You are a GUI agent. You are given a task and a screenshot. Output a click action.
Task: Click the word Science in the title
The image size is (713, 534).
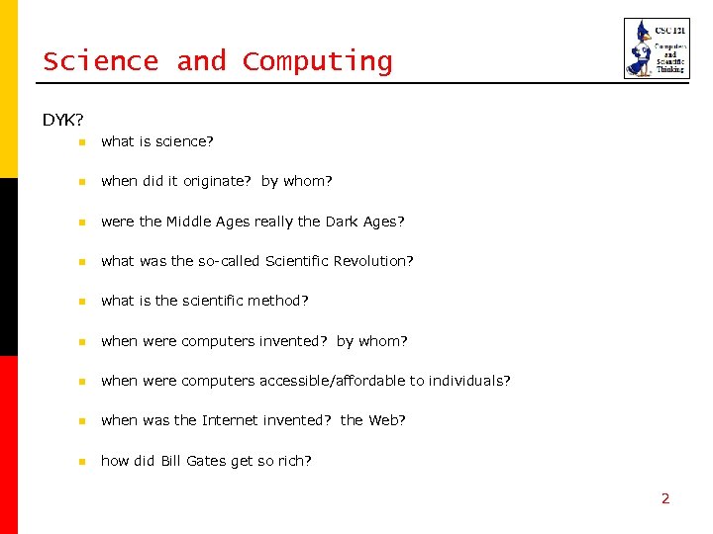pyautogui.click(x=100, y=61)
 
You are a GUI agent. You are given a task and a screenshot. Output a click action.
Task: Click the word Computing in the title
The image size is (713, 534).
pyautogui.click(x=317, y=62)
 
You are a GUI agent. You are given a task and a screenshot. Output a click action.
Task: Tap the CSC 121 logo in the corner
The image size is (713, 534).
pyautogui.click(x=657, y=47)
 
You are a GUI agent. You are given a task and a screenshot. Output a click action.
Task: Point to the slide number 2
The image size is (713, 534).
pyautogui.click(x=665, y=498)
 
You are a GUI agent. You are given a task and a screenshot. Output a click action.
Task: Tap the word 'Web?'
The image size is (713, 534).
pyautogui.click(x=387, y=420)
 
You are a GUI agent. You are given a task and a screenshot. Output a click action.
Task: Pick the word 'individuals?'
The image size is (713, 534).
pyautogui.click(x=469, y=381)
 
